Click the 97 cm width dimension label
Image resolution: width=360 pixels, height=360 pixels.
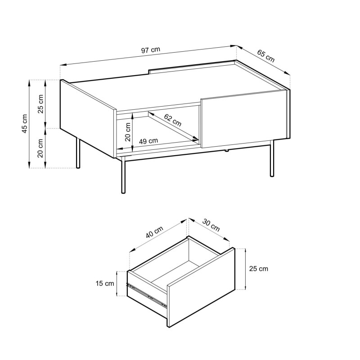[x=151, y=50]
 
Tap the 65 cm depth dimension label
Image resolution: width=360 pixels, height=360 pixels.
[x=265, y=56]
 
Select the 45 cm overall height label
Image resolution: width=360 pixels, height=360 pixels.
[x=24, y=123]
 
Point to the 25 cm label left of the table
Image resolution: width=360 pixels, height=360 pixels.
[x=40, y=104]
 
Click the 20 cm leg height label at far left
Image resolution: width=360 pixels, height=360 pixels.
[x=40, y=148]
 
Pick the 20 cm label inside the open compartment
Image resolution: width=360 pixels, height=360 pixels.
[x=128, y=132]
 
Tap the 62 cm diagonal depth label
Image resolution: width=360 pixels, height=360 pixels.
[x=173, y=120]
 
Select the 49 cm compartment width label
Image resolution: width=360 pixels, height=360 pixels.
[x=148, y=141]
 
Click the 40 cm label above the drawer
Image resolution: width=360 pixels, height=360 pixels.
[x=154, y=232]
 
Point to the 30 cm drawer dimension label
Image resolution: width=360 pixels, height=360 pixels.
[x=211, y=225]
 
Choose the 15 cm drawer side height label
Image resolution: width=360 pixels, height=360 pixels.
[x=105, y=283]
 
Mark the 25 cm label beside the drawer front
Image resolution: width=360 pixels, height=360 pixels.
[x=258, y=269]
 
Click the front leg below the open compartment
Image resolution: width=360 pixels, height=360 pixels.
[x=123, y=175]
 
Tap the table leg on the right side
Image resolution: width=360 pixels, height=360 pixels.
[x=272, y=158]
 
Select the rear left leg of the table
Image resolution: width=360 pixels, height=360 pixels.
[x=78, y=153]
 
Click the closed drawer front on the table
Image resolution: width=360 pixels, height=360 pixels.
[x=244, y=119]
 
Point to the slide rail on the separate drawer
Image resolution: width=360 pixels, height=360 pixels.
[x=147, y=295]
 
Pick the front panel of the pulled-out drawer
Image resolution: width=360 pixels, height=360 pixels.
[x=201, y=287]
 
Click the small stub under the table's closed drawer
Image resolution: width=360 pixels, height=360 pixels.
[x=226, y=151]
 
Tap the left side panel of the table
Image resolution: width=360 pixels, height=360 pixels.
[x=87, y=118]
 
